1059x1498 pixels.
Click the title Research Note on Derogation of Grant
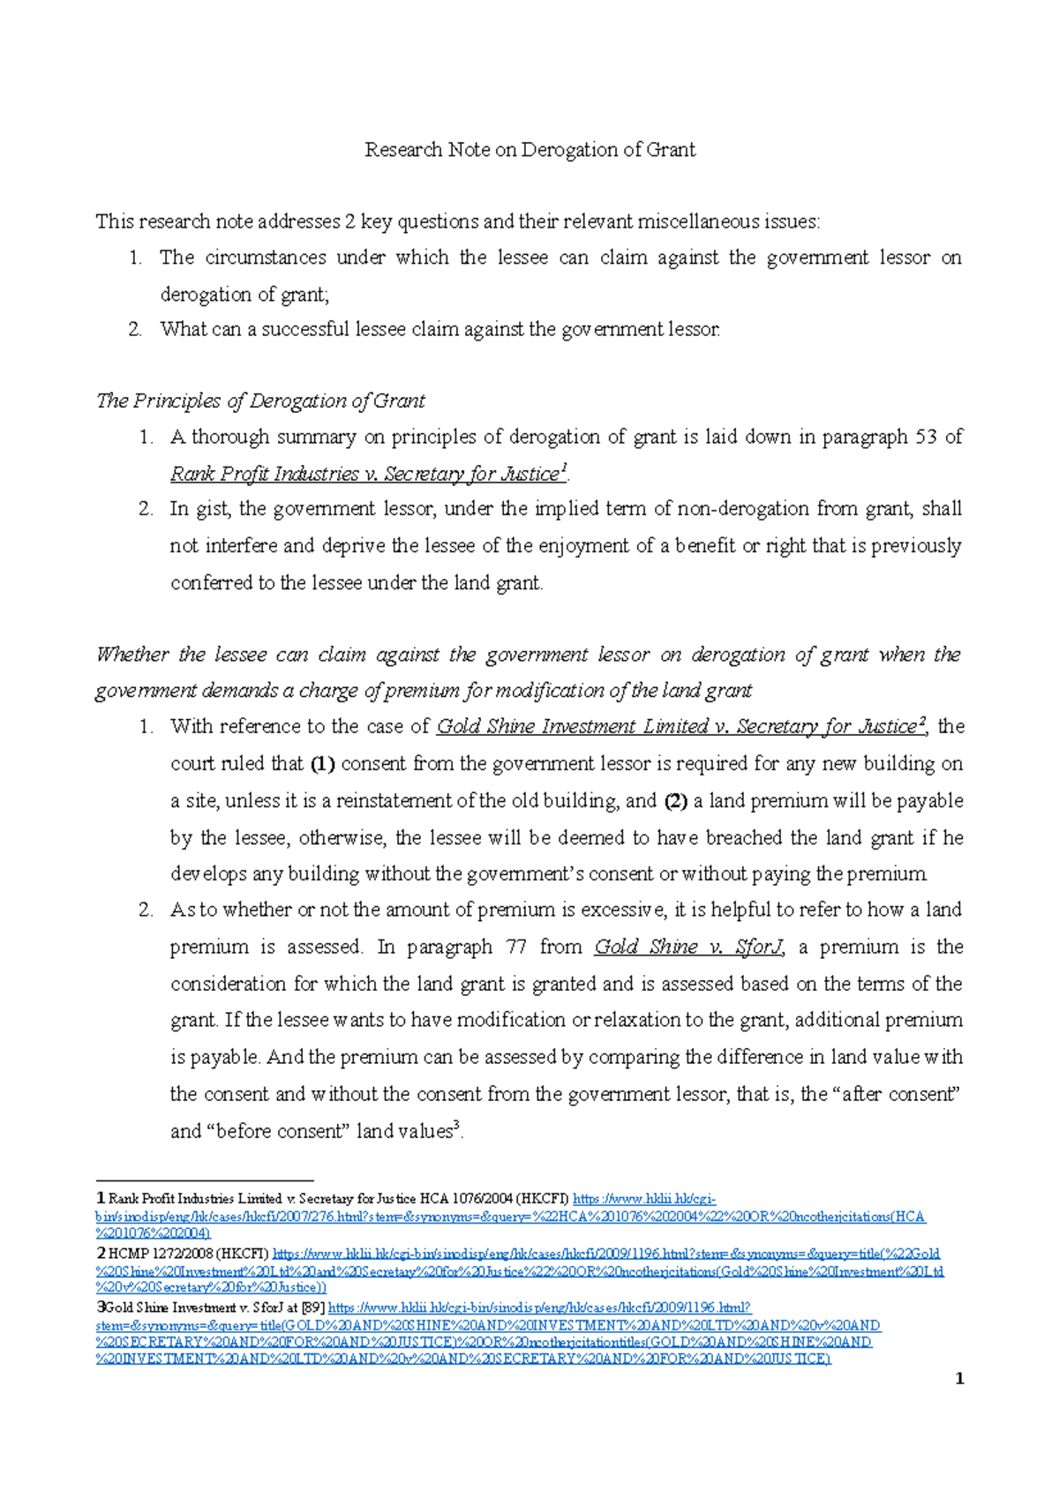529,150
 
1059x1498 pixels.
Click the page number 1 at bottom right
959,1379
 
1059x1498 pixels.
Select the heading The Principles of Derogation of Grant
260,401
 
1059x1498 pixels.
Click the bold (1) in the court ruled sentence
322,764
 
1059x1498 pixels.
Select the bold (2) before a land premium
676,801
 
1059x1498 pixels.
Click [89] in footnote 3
312,1308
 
